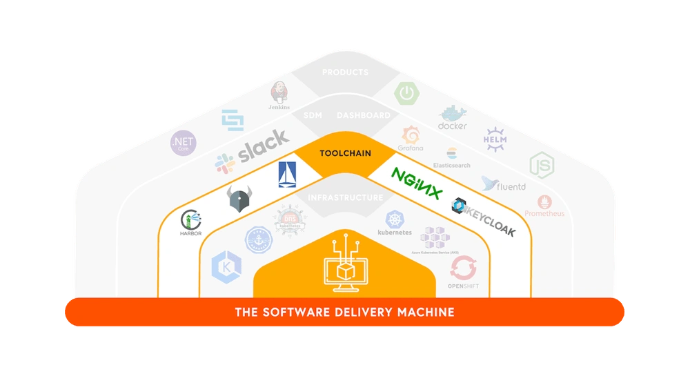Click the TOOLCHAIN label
pos(345,154)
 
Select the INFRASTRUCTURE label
pos(345,198)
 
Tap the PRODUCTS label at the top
pos(345,72)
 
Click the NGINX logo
pos(417,182)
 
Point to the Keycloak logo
pos(484,216)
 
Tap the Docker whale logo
pos(453,118)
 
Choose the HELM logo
pos(495,137)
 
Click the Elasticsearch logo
pos(452,157)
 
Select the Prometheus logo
pos(544,206)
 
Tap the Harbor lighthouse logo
pos(191,223)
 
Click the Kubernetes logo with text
pos(395,224)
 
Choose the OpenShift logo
pos(463,272)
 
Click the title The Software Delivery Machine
pos(345,312)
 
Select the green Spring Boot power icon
pos(406,92)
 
